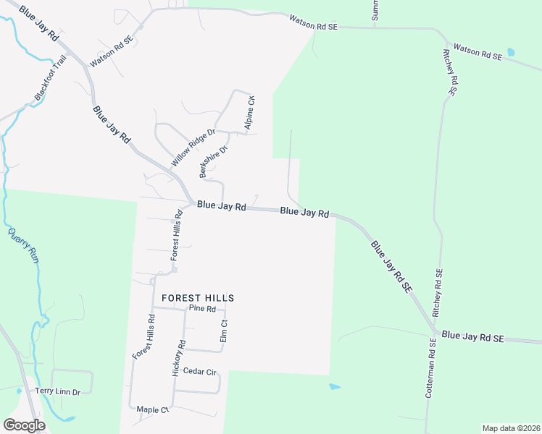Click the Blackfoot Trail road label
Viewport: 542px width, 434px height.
(x=50, y=77)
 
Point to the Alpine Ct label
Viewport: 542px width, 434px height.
(x=250, y=114)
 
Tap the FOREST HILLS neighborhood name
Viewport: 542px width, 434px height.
(x=198, y=297)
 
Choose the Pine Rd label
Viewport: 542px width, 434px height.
(x=202, y=308)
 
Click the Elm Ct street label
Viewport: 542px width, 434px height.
(x=224, y=331)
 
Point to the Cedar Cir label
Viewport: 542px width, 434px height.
(x=200, y=372)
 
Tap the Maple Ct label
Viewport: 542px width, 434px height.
(x=152, y=409)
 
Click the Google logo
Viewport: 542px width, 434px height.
(x=24, y=425)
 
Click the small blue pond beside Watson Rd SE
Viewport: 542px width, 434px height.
(x=511, y=52)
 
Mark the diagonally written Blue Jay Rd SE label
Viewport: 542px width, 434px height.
(x=391, y=265)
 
